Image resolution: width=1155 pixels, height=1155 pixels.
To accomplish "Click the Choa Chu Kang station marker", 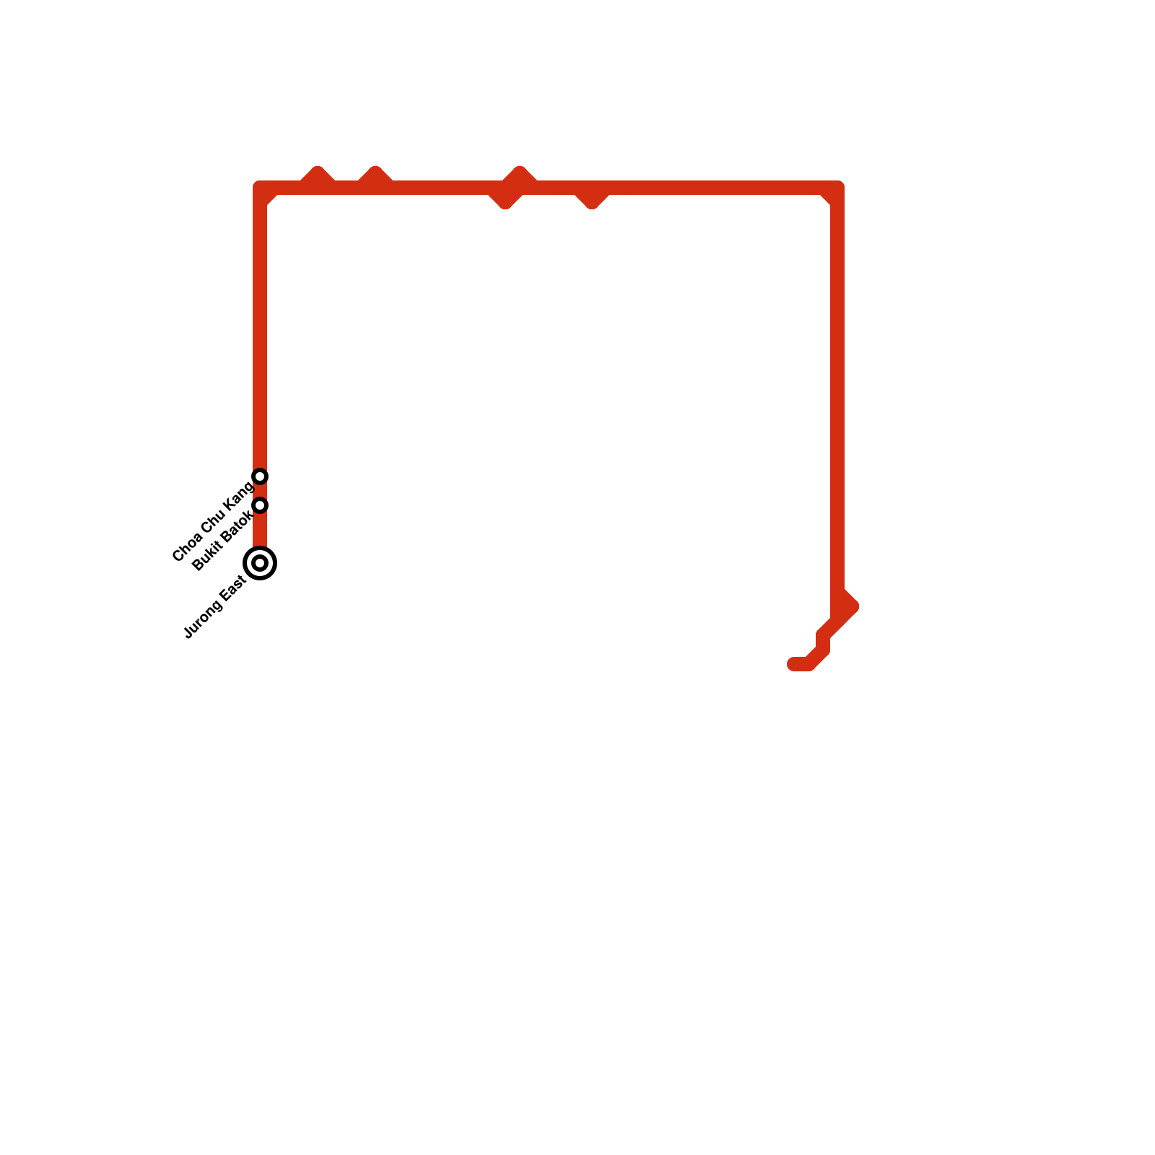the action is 261,476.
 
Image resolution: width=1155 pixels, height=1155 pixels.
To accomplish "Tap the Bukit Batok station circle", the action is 261,505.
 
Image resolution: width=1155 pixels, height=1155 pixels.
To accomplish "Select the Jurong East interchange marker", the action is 261,563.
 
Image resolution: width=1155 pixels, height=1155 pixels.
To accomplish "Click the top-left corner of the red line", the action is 261,188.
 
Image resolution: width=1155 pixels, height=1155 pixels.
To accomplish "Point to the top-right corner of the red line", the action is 837,188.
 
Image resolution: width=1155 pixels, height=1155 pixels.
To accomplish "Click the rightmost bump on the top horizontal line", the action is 592,199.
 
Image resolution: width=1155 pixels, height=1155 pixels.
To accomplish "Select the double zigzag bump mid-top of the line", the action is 513,188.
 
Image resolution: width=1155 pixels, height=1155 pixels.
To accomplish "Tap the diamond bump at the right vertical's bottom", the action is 846,605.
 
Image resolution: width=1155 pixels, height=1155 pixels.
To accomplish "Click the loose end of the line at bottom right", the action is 793,664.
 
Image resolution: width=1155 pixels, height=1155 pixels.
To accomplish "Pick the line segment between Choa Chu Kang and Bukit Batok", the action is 261,490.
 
